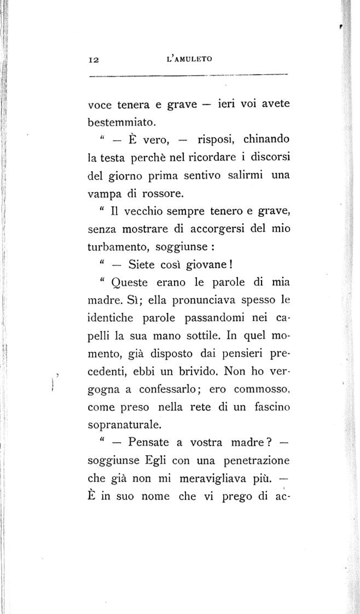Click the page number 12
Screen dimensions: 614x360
[x=92, y=59]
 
